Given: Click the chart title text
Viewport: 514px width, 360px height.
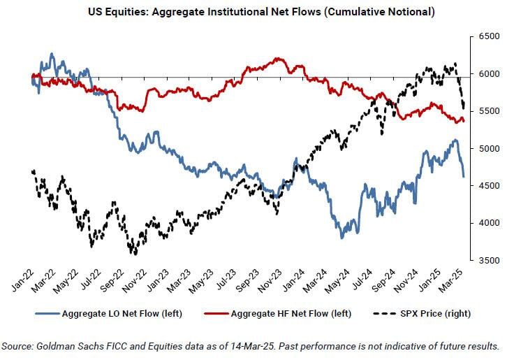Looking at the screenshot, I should [x=256, y=12].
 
